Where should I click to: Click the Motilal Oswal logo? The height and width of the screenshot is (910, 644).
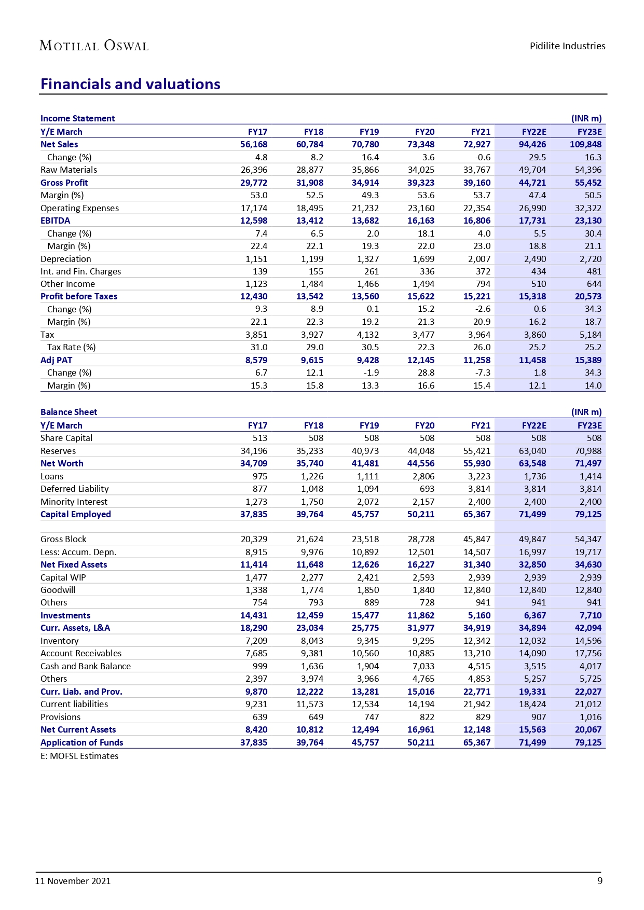tap(94, 46)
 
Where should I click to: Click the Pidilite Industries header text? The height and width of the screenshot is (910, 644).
tap(567, 46)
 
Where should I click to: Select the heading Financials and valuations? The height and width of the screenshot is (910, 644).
tap(130, 84)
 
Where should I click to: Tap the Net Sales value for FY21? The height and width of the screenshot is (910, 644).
tap(476, 144)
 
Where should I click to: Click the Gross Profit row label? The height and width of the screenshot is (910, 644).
tap(64, 183)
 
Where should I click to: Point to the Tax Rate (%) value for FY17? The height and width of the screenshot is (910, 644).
tap(259, 347)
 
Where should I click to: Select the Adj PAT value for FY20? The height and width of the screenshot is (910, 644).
tap(421, 360)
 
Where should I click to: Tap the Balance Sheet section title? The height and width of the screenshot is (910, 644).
tap(69, 412)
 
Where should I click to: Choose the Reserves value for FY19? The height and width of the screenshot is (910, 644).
tap(365, 451)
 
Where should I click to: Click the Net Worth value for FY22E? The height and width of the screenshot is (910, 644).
tap(532, 463)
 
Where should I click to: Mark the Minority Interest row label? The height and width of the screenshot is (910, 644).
tap(74, 502)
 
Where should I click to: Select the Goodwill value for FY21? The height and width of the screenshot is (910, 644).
tap(476, 590)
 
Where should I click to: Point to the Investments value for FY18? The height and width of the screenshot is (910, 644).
tap(310, 615)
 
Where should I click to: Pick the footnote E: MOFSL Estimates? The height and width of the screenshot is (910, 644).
tap(79, 756)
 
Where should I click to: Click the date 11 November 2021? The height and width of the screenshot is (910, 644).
tap(73, 881)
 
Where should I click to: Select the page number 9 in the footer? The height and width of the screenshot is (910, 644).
tap(600, 881)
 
